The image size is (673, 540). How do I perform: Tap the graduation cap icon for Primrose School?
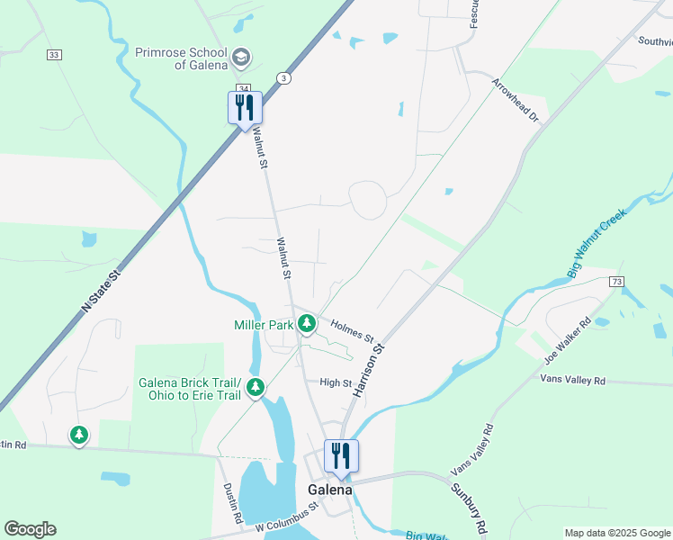240,58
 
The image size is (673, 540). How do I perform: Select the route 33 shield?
55,55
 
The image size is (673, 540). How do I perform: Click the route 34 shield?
243,87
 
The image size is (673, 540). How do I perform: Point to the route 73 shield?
615,282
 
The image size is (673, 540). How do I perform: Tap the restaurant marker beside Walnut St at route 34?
245,109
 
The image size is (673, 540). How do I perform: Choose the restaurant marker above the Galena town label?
341,456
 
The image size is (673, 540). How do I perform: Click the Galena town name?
330,490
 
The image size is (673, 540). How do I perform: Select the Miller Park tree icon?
308,322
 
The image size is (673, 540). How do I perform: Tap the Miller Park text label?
264,324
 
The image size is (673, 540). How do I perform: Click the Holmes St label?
352,330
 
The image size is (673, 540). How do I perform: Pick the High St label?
336,382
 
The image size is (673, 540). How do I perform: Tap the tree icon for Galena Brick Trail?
256,387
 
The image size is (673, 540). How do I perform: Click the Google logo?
30,529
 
